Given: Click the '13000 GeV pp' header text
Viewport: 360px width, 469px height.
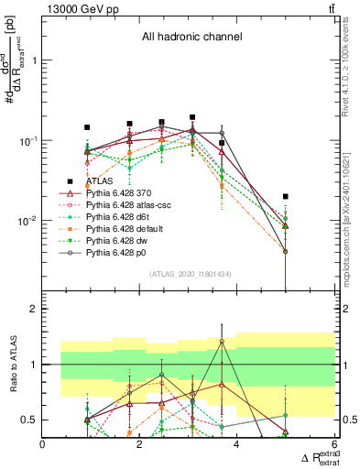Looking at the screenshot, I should coord(78,8).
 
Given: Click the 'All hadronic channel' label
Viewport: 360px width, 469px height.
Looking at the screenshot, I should coord(191,38).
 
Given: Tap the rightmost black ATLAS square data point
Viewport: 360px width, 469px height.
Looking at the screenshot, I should coord(287,196).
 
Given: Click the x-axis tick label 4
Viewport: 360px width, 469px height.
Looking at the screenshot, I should coord(237,444).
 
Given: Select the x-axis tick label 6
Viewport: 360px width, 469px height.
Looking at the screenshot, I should coord(334,444).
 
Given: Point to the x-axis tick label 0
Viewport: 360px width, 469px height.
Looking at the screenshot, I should coord(43,444).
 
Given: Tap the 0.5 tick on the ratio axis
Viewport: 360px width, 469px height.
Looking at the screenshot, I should coord(30,420).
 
